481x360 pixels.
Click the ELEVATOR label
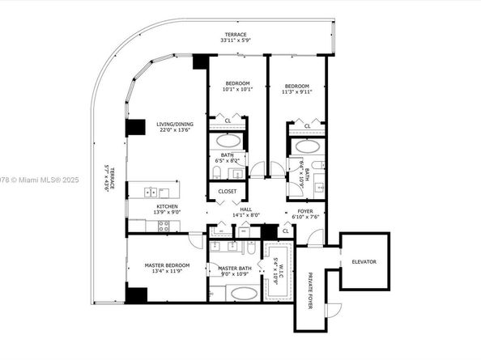tap(364, 261)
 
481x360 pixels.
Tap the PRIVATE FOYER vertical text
tap(310, 290)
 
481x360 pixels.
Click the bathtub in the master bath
tap(239, 293)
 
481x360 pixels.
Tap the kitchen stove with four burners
tap(164, 227)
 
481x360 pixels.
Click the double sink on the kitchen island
tap(151, 192)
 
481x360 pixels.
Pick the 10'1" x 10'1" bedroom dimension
tap(238, 89)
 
